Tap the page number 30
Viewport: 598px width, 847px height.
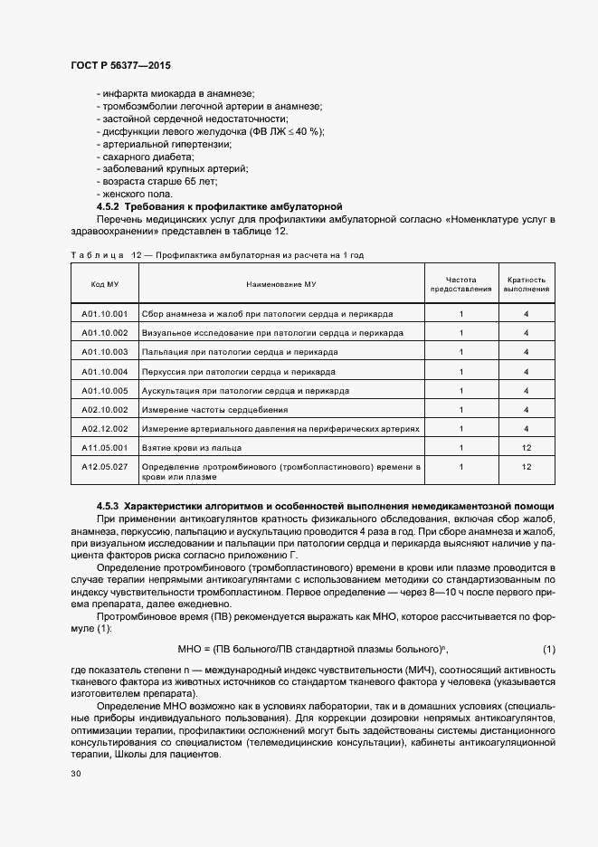(x=76, y=775)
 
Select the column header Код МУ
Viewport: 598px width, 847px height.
(x=105, y=284)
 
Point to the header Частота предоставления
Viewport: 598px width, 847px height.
(x=461, y=284)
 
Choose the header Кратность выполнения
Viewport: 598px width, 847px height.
(x=527, y=284)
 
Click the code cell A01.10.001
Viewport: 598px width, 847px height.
(x=105, y=314)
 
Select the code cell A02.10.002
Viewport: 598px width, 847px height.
(x=105, y=409)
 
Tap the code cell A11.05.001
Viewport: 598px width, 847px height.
(x=105, y=447)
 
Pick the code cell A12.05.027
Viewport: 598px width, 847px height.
(x=105, y=467)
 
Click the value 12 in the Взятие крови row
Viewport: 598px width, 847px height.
(x=527, y=447)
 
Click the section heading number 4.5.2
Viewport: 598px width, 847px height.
(x=109, y=207)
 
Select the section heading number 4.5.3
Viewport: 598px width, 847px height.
(x=109, y=504)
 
